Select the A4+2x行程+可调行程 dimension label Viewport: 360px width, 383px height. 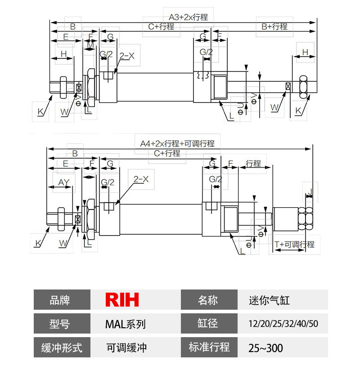point(177,144)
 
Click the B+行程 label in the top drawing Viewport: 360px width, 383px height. point(274,27)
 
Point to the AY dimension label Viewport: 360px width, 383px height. point(64,182)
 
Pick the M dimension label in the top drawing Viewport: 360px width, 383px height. point(90,45)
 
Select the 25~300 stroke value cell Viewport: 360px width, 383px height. point(265,347)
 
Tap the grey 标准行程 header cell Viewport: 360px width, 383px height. point(209,347)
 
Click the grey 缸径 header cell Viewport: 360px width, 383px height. point(209,324)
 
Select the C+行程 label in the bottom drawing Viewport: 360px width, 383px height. point(167,153)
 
